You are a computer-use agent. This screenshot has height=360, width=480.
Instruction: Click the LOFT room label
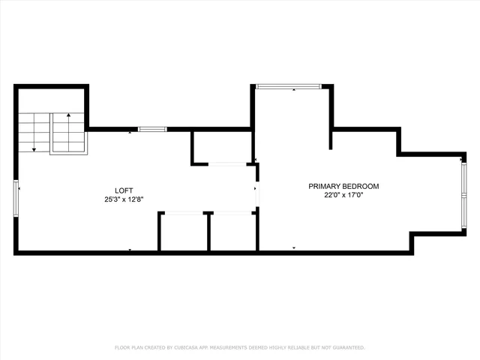(x=124, y=190)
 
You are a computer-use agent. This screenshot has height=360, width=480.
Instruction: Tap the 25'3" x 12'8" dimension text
(x=124, y=199)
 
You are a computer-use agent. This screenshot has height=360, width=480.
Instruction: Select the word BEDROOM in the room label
(x=362, y=186)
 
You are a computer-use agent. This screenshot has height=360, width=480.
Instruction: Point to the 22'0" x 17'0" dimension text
(x=343, y=195)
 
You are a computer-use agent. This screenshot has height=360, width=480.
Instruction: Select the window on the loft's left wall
(x=16, y=198)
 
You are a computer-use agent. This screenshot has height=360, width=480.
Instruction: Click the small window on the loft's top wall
(x=152, y=129)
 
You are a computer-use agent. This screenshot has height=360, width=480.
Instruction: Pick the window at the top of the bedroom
(x=289, y=86)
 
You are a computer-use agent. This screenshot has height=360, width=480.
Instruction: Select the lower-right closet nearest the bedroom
(x=232, y=232)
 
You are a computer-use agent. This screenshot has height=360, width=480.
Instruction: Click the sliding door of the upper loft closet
(x=230, y=163)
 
